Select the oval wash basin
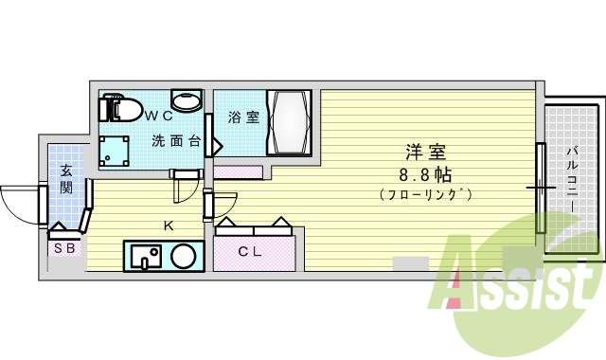pyautogui.click(x=186, y=101)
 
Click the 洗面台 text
pyautogui.click(x=176, y=142)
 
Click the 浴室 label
pyautogui.click(x=244, y=118)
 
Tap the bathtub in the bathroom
pyautogui.click(x=288, y=123)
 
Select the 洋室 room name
pyautogui.click(x=426, y=153)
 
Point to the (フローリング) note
pyautogui.click(x=425, y=195)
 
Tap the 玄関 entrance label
pyautogui.click(x=66, y=178)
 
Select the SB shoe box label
pyautogui.click(x=64, y=248)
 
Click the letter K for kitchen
pyautogui.click(x=168, y=225)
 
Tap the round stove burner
pyautogui.click(x=184, y=256)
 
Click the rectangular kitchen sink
pyautogui.click(x=146, y=256)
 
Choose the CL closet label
pyautogui.click(x=249, y=251)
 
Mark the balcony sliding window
pyautogui.click(x=541, y=188)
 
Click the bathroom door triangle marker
pyautogui.click(x=218, y=146)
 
